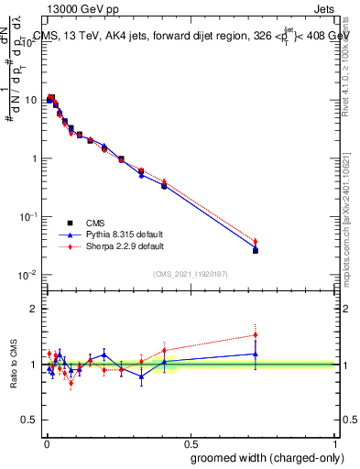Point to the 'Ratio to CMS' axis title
click(14, 365)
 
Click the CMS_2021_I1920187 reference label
click(190, 274)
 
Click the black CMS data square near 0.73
click(256, 250)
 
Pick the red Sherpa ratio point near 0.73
click(256, 334)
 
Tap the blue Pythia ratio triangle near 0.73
click(256, 354)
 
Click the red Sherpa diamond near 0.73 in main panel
click(256, 242)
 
